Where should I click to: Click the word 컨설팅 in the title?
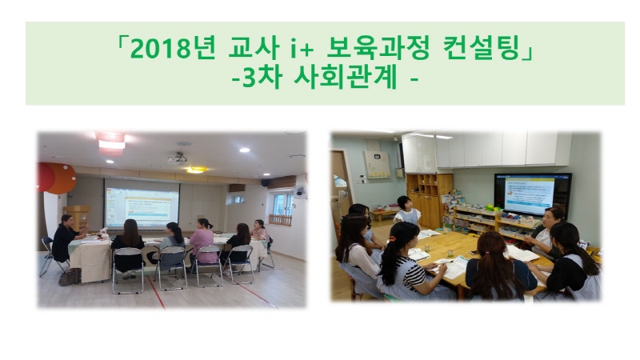point(483,48)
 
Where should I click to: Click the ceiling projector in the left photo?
point(177,158)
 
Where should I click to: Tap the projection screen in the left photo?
point(142,203)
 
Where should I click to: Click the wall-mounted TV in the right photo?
point(532,194)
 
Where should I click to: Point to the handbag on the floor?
point(68,278)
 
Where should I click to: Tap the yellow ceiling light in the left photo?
point(196,170)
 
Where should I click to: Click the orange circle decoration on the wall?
point(62,178)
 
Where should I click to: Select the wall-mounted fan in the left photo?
point(299,191)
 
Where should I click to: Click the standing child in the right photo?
point(406,210)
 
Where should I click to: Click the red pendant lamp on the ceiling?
point(110,143)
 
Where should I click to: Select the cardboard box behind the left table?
point(78,218)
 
